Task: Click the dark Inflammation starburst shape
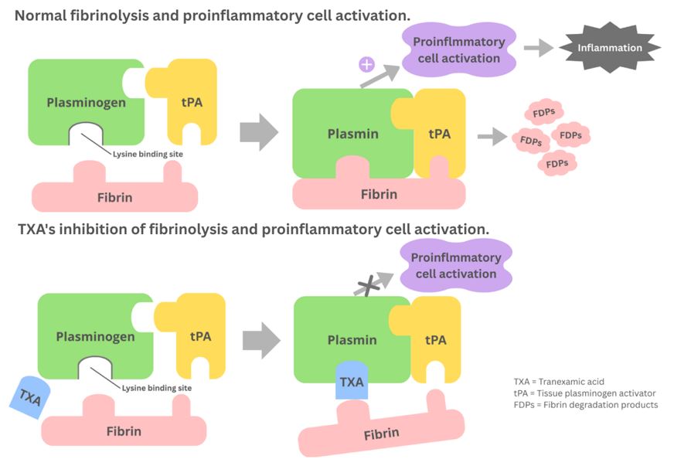pyautogui.click(x=610, y=48)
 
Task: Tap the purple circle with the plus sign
pyautogui.click(x=367, y=63)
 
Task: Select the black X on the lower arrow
pyautogui.click(x=373, y=286)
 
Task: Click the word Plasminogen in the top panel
pyautogui.click(x=85, y=102)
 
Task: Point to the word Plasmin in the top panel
pyautogui.click(x=352, y=134)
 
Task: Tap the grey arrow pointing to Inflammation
pyautogui.click(x=539, y=48)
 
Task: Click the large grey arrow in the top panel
pyautogui.click(x=259, y=133)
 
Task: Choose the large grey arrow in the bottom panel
pyautogui.click(x=261, y=340)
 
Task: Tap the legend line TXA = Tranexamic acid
pyautogui.click(x=558, y=381)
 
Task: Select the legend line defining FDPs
pyautogui.click(x=585, y=404)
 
